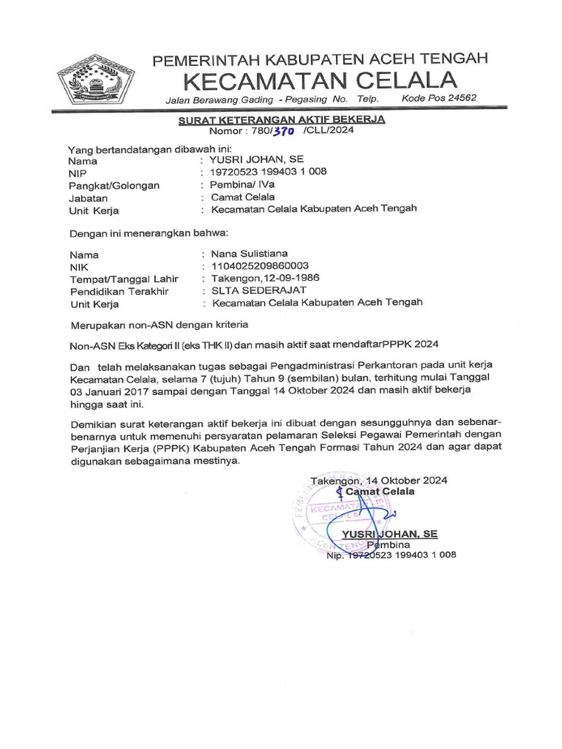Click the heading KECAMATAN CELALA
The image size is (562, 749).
click(320, 79)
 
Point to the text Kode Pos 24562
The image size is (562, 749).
click(439, 98)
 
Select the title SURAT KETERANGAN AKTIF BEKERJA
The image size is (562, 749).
click(282, 119)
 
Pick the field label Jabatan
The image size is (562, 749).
click(88, 197)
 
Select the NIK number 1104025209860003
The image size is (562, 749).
click(260, 266)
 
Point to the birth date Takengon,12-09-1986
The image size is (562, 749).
click(265, 279)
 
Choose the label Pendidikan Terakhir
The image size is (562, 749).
click(119, 291)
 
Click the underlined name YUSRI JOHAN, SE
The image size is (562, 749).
click(389, 534)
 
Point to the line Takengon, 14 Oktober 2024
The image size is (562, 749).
click(378, 481)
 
